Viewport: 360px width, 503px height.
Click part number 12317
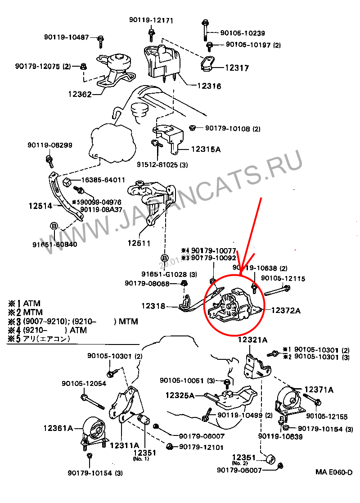coord(237,68)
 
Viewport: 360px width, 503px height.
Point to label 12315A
coord(206,149)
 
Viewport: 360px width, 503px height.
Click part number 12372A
coord(286,310)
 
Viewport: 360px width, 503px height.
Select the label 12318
coord(153,306)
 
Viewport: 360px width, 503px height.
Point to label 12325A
coord(180,395)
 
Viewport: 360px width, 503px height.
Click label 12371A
coord(319,390)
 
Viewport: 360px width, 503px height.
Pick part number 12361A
coord(58,428)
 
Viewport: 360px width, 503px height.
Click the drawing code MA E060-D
coord(333,472)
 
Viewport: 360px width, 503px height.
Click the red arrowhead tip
coord(240,274)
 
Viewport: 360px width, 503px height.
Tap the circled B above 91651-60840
coord(54,226)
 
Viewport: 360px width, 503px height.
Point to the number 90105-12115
coord(283,279)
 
